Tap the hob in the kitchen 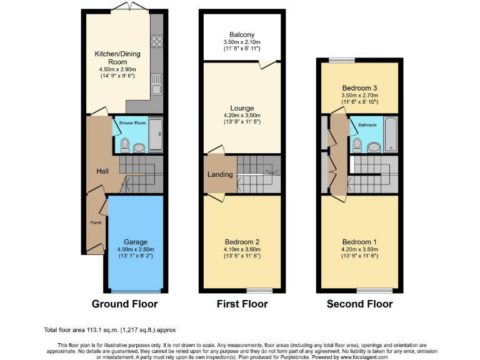[x=156, y=42]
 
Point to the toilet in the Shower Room [x=124, y=146]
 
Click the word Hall [x=102, y=171]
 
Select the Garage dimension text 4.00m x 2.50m [x=135, y=249]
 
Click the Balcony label [x=241, y=34]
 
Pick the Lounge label [x=241, y=107]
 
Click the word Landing [x=220, y=174]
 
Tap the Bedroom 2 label [x=242, y=242]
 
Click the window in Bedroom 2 [x=259, y=289]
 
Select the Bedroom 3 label [x=359, y=88]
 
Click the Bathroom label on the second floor [x=367, y=125]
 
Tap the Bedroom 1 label [x=359, y=242]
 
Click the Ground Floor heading [x=124, y=304]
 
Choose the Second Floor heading [x=359, y=304]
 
